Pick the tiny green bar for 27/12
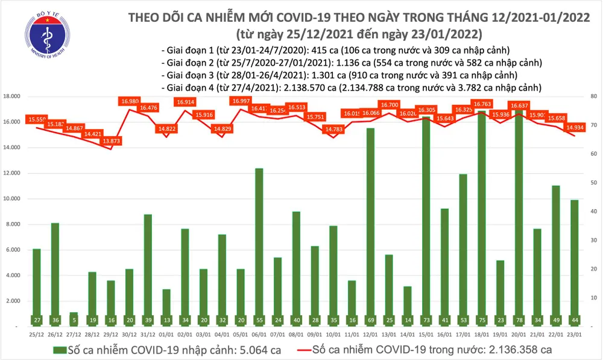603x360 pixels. (x=74, y=319)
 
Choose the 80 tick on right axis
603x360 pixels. (x=593, y=96)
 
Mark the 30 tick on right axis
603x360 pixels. (x=593, y=240)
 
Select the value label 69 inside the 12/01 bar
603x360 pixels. (x=369, y=319)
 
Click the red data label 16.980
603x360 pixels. (x=130, y=101)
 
